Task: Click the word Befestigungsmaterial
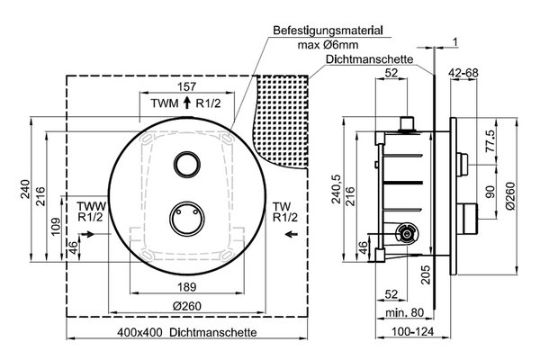328,31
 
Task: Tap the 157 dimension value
186,86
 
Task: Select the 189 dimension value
187,286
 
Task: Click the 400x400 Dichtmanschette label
187,332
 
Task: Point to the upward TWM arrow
187,103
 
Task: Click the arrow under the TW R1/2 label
292,234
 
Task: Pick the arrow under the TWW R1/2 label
87,234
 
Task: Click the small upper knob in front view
187,165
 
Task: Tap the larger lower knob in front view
187,219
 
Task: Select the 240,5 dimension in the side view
337,189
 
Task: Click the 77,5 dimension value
490,140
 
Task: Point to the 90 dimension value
490,192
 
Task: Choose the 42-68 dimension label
463,73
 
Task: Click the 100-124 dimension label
412,332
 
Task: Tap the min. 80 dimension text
404,313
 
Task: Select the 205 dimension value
426,274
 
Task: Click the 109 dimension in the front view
56,226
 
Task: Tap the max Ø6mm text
328,45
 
